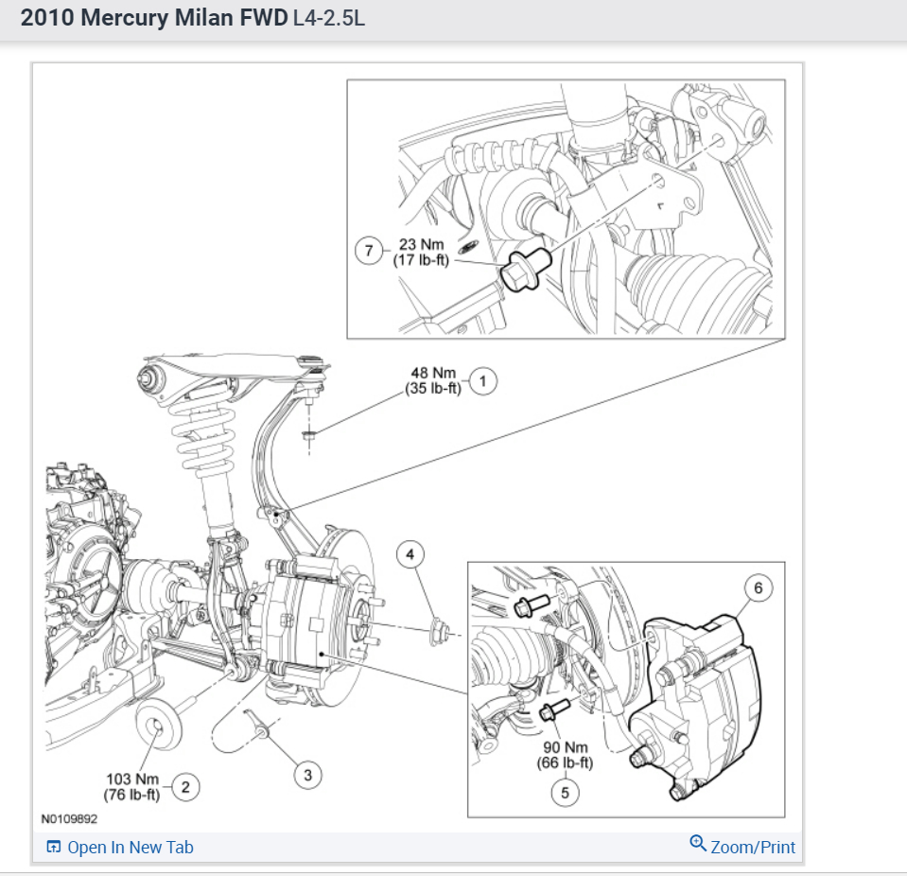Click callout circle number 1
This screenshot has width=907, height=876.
pyautogui.click(x=483, y=381)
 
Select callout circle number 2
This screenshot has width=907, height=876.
pyautogui.click(x=185, y=787)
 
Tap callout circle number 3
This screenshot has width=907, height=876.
pyautogui.click(x=307, y=776)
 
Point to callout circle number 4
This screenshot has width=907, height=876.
pyautogui.click(x=410, y=554)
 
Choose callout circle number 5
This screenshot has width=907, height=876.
pyautogui.click(x=566, y=793)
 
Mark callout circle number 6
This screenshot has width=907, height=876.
pyautogui.click(x=759, y=587)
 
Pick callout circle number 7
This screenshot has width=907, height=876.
pyautogui.click(x=369, y=251)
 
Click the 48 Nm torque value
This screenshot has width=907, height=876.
pyautogui.click(x=433, y=373)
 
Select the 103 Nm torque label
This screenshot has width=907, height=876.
pyautogui.click(x=132, y=780)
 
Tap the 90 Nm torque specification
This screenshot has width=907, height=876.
pyautogui.click(x=566, y=747)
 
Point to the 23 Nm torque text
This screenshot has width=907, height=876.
pyautogui.click(x=421, y=245)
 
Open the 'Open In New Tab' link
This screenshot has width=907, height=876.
pyautogui.click(x=120, y=847)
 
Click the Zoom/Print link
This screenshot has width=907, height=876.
pyautogui.click(x=742, y=846)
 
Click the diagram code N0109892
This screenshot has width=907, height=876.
pyautogui.click(x=69, y=818)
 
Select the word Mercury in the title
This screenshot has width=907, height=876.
pyautogui.click(x=125, y=18)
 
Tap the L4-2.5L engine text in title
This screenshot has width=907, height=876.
pyautogui.click(x=329, y=18)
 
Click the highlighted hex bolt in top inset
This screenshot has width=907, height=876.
pyautogui.click(x=525, y=268)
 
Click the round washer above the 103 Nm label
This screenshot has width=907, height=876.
pyautogui.click(x=159, y=726)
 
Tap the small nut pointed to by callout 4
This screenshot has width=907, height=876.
pyautogui.click(x=440, y=631)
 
